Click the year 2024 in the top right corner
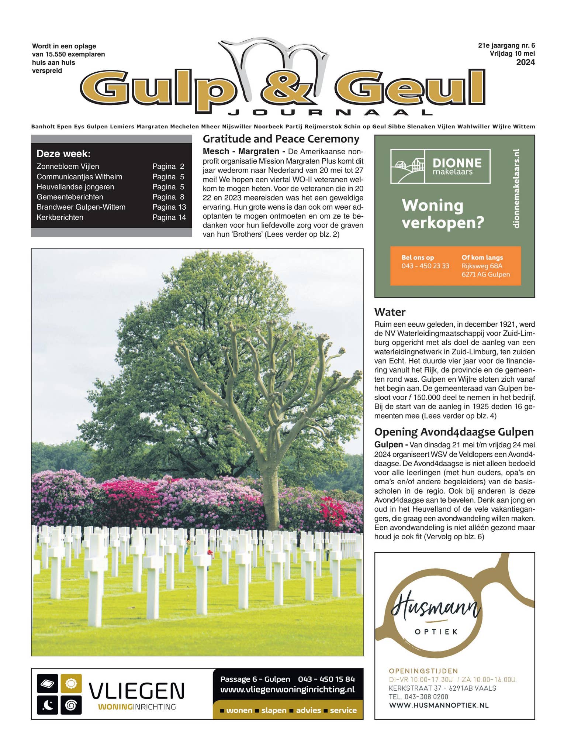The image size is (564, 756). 525,62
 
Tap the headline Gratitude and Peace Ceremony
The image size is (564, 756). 281,139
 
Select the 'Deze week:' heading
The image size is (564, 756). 63,154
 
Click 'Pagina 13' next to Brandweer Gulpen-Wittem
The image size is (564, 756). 169,207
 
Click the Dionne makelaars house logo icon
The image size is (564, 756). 408,166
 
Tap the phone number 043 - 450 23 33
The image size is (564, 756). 425,266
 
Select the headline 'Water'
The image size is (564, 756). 390,312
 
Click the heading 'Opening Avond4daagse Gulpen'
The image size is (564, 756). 454,432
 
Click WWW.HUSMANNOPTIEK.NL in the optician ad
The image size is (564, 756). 438,705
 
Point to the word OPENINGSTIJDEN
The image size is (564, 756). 423,671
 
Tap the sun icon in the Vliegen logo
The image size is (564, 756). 71,684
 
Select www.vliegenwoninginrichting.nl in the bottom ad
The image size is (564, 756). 287,689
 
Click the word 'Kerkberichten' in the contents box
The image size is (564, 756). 60,217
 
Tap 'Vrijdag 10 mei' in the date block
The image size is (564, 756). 512,54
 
